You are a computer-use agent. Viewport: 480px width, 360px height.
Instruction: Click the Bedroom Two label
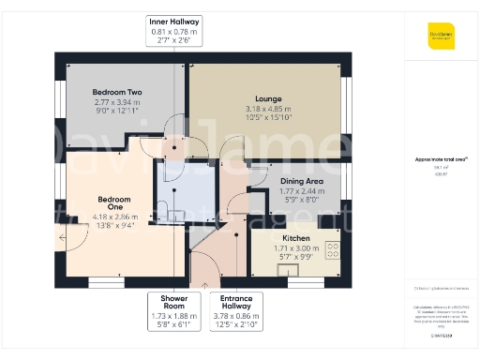[117, 92]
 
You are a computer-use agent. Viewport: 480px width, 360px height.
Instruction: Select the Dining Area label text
[301, 181]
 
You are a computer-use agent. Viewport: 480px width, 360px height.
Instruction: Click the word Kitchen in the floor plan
[296, 239]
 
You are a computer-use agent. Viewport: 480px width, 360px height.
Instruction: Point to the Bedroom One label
[113, 204]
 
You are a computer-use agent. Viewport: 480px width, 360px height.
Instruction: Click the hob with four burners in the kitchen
[332, 250]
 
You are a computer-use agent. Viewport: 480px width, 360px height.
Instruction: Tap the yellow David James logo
[442, 38]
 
